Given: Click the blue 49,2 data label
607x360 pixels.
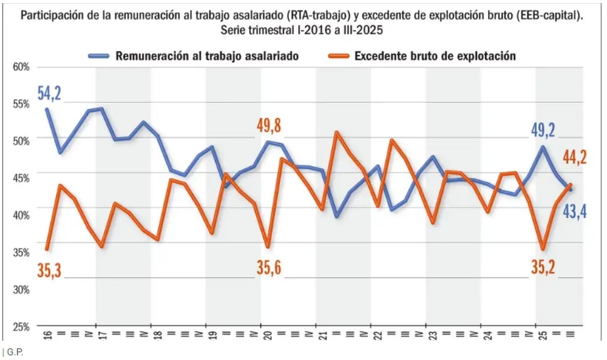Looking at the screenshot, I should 541,129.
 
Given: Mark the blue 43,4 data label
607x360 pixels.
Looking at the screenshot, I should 573,209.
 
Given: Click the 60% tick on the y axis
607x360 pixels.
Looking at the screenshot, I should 21,67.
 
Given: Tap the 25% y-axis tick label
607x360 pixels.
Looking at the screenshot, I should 21,326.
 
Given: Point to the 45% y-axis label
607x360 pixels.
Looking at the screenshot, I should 21,178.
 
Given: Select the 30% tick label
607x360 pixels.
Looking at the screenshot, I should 21,289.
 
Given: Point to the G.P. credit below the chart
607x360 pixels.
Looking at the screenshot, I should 13,352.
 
